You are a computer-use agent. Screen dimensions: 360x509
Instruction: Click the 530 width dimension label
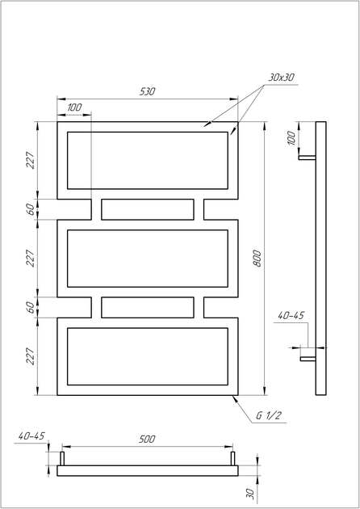point(148,91)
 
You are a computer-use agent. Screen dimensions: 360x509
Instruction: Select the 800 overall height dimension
point(257,259)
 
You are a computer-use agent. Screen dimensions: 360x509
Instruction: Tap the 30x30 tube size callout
point(281,78)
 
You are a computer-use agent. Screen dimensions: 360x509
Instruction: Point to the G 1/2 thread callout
point(268,416)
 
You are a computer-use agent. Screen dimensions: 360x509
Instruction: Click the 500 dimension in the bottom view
point(147,440)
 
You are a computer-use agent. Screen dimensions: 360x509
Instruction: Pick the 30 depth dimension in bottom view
point(250,494)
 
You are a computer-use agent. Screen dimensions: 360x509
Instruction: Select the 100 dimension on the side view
point(292,138)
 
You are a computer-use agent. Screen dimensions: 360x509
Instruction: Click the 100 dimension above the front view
point(74,107)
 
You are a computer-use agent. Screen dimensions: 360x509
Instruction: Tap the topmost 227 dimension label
point(30,160)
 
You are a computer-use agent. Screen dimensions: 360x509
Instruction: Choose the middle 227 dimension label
point(30,258)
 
